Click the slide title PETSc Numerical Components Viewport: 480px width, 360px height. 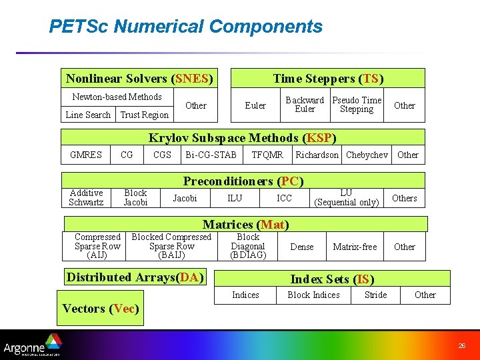click(x=185, y=27)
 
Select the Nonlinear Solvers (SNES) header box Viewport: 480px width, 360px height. click(x=139, y=79)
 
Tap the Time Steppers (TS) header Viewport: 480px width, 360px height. click(x=328, y=79)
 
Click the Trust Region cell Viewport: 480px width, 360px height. click(x=144, y=115)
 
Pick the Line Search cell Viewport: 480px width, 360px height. click(x=88, y=115)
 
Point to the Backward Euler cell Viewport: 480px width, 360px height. click(x=305, y=105)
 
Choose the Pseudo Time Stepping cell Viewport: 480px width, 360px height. click(x=357, y=105)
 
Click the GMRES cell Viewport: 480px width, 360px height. click(x=86, y=155)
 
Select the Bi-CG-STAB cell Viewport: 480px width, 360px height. click(x=211, y=155)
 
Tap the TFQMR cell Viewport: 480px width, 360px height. click(x=267, y=155)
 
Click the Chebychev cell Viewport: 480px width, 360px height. click(x=367, y=155)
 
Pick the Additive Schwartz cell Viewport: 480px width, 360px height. click(x=86, y=198)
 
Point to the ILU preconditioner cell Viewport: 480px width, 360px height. click(x=235, y=198)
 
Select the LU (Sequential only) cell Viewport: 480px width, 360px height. click(x=346, y=198)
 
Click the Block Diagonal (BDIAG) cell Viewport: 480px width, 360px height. click(x=248, y=246)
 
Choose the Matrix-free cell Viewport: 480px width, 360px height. click(x=355, y=247)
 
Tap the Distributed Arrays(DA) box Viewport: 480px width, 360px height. click(x=134, y=277)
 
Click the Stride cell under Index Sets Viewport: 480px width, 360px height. click(x=375, y=295)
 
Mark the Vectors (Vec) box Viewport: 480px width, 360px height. click(x=100, y=308)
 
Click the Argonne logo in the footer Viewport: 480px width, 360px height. click(x=32, y=347)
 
